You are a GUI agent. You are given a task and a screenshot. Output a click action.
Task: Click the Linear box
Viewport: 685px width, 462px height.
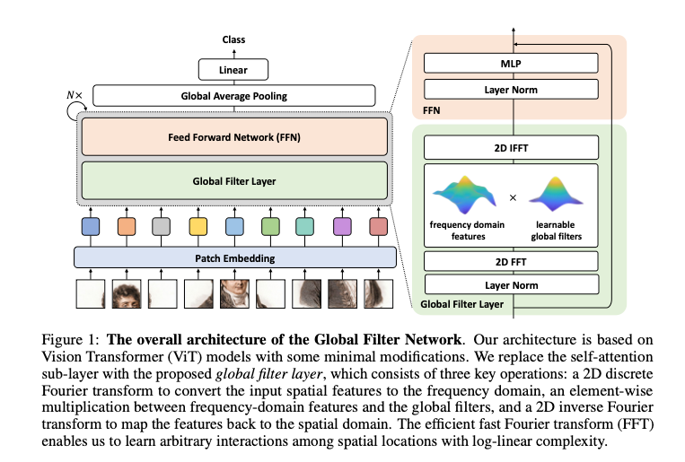pos(233,69)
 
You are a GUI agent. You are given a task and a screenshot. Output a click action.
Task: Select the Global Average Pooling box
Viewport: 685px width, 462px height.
pos(234,96)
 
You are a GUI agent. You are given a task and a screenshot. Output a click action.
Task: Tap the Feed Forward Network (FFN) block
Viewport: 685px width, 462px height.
pos(234,137)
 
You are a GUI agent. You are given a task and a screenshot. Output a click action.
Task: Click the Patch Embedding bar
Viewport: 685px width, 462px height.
pos(235,257)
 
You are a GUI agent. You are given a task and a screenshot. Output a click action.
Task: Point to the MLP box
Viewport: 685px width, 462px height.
pos(511,64)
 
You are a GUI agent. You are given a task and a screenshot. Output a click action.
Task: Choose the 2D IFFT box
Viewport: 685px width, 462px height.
pos(511,148)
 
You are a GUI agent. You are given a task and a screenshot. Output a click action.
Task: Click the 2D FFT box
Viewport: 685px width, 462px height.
pos(511,262)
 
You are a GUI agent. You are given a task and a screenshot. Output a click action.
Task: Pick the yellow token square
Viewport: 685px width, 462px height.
pos(198,227)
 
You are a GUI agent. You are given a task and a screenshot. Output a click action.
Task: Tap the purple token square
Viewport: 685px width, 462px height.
pos(342,227)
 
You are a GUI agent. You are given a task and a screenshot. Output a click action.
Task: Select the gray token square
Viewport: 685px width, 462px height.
pos(162,227)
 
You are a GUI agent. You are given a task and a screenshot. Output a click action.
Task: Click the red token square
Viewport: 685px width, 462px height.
pos(378,227)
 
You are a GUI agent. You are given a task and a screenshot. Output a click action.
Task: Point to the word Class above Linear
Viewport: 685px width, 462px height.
pos(233,39)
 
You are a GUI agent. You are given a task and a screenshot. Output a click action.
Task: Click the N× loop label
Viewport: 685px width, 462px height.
pos(75,95)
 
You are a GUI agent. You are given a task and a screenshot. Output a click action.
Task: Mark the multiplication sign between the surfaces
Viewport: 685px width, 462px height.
pos(513,198)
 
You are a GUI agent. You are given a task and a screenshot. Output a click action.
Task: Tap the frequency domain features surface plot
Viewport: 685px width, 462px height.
pos(465,195)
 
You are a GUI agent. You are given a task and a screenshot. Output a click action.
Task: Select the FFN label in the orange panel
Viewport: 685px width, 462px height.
pos(431,110)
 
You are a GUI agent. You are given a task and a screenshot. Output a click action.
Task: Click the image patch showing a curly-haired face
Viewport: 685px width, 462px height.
pos(127,294)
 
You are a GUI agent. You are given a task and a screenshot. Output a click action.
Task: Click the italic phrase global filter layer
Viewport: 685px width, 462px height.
pos(269,374)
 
